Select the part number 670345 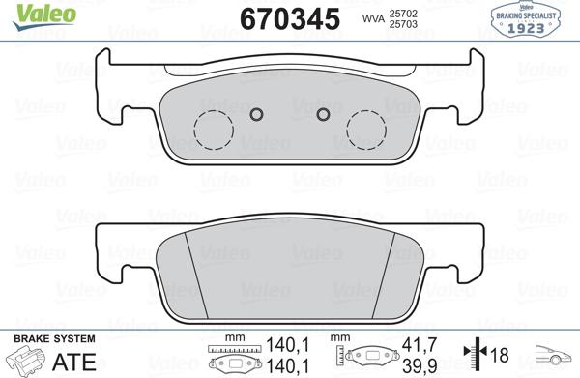pyautogui.click(x=287, y=17)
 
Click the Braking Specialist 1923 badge pyautogui.click(x=534, y=17)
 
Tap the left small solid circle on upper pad pyautogui.click(x=256, y=116)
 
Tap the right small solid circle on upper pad pyautogui.click(x=324, y=116)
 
